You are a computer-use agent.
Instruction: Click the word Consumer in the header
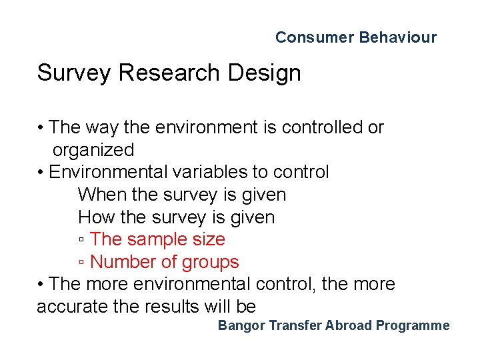tap(315, 37)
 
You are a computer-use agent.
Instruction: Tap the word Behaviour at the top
tap(398, 37)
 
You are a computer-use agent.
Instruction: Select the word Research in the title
tap(169, 73)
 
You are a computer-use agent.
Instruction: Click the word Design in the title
tap(265, 73)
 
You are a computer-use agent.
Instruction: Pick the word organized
tap(93, 150)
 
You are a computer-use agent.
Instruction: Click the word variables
tap(210, 172)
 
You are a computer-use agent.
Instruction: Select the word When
tap(102, 195)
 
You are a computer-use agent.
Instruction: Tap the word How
tap(97, 217)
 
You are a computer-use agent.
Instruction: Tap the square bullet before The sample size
tap(81, 239)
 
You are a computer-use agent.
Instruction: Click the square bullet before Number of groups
tap(81, 262)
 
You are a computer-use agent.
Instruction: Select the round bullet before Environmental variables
tap(41, 173)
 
